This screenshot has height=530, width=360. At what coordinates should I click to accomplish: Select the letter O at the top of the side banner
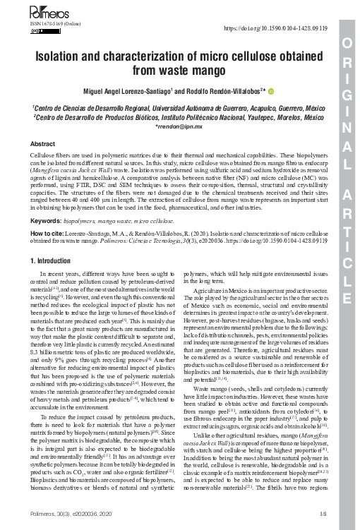345,43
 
